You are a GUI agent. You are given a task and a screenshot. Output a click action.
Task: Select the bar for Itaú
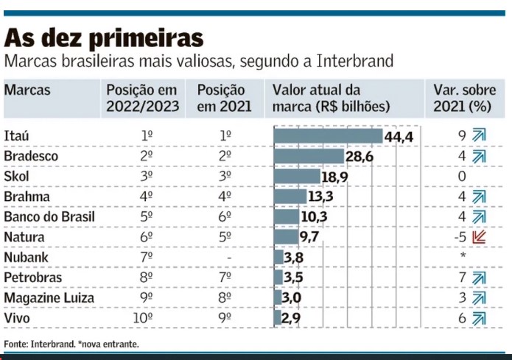[328, 136]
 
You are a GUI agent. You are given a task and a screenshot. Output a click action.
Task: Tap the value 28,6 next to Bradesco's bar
[360, 157]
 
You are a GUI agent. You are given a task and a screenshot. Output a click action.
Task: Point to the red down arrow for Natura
[480, 237]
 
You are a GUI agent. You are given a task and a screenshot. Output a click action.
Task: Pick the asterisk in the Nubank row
[463, 257]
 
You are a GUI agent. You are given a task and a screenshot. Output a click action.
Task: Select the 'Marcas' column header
[27, 90]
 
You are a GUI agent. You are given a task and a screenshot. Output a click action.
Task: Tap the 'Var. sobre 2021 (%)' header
[463, 98]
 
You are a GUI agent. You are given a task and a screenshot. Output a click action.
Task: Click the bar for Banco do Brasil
[286, 217]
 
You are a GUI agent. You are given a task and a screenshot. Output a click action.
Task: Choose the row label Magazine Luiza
[48, 297]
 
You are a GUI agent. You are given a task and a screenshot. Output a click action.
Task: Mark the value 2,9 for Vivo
[292, 318]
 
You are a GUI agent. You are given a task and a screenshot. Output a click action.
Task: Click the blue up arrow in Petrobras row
[480, 278]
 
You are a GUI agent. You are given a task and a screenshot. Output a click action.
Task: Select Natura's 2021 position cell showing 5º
[226, 237]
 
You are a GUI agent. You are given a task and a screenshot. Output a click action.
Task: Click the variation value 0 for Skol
[463, 177]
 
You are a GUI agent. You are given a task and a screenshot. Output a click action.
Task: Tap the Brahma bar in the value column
[290, 197]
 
